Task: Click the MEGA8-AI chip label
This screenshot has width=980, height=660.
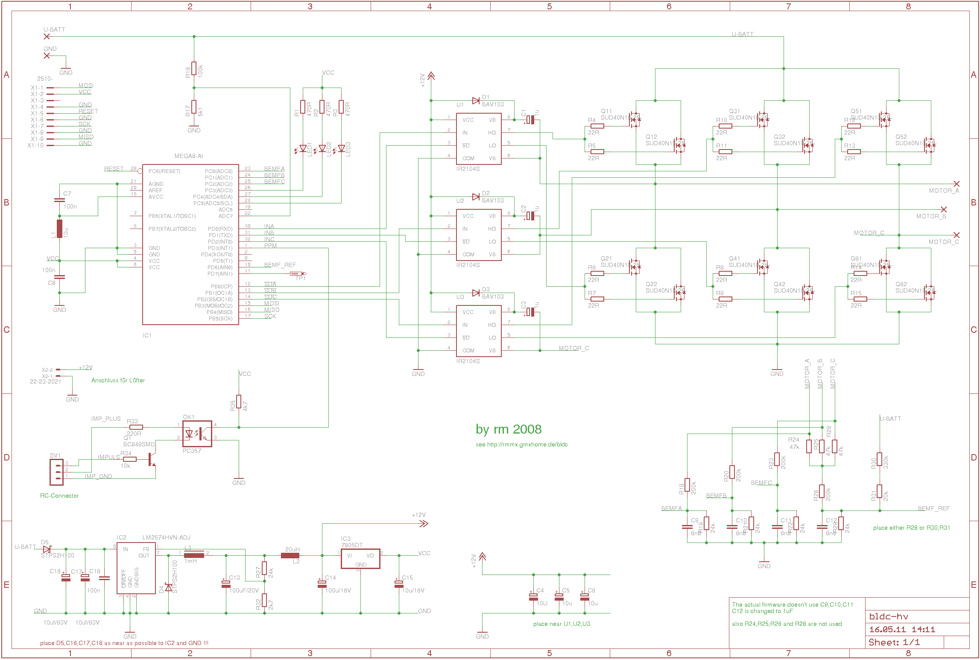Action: click(x=188, y=156)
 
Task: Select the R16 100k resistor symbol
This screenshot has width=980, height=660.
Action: click(x=194, y=68)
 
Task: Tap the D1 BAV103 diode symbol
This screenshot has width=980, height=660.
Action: click(x=476, y=101)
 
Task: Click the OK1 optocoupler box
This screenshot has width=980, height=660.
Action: click(x=197, y=434)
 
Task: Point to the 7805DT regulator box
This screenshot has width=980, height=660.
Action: click(x=360, y=558)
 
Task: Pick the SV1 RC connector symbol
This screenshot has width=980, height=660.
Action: click(x=56, y=472)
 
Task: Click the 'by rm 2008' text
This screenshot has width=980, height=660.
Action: click(x=509, y=429)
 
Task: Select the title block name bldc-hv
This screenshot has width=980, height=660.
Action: click(x=889, y=616)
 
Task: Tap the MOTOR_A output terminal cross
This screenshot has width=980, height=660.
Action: click(x=957, y=184)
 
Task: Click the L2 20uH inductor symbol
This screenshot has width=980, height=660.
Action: click(x=290, y=555)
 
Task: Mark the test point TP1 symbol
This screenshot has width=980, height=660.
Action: click(x=297, y=273)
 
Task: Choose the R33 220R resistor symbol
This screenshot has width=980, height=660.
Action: click(x=136, y=427)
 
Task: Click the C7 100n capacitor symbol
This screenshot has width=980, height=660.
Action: click(x=59, y=200)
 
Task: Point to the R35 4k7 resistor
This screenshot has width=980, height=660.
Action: click(x=239, y=402)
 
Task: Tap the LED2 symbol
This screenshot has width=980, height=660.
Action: click(x=322, y=149)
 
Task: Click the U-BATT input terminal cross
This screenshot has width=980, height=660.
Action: click(x=47, y=36)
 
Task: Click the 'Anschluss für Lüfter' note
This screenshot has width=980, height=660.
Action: click(x=118, y=380)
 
